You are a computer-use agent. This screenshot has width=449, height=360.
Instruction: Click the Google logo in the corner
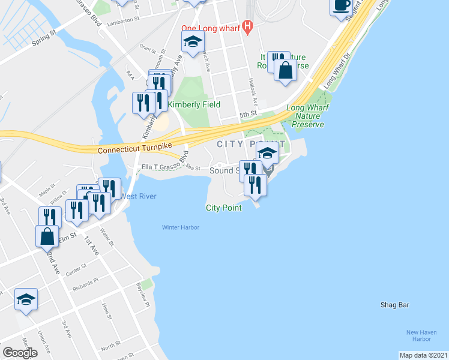pos(20,353)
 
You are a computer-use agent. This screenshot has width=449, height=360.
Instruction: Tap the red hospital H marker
pos(247,28)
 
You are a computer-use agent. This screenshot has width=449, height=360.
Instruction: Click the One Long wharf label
pos(211,28)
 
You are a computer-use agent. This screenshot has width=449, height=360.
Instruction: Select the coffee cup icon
pos(341,6)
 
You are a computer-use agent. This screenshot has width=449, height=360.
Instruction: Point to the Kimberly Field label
pos(194,104)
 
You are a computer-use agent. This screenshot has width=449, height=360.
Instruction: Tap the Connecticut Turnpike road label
pos(135,147)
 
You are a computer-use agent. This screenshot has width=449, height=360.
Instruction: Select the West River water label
pos(139,196)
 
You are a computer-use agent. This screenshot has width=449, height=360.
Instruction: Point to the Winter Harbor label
pos(180,227)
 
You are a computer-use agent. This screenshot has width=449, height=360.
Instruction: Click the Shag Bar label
pos(394,305)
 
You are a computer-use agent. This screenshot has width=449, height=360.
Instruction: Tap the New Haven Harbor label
pos(420,336)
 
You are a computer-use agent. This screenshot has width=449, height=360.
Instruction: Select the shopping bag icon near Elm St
pos(47,238)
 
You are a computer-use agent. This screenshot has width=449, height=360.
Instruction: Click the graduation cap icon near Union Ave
pos(26,299)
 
